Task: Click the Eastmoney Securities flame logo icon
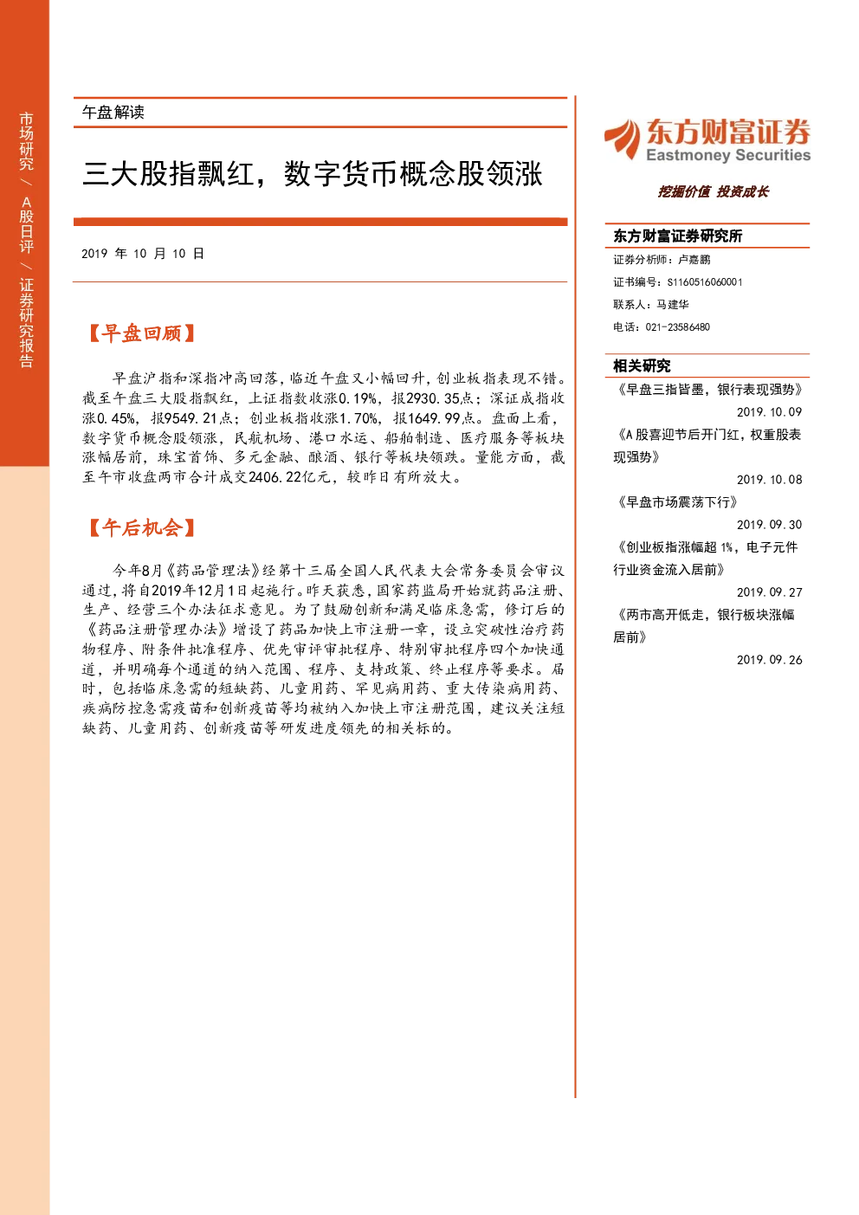[x=623, y=139]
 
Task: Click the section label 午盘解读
[x=113, y=113]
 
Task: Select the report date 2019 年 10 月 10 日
[x=143, y=254]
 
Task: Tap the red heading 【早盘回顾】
[x=141, y=333]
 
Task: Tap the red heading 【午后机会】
[x=141, y=527]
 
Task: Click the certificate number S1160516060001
[x=705, y=282]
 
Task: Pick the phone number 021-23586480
[x=677, y=327]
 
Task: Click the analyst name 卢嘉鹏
[x=694, y=260]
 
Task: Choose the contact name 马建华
[x=673, y=304]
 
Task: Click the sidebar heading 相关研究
[x=642, y=366]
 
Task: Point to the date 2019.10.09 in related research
[x=769, y=412]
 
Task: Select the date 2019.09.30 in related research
[x=769, y=525]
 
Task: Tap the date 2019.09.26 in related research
[x=769, y=660]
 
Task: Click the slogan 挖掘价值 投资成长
[x=714, y=191]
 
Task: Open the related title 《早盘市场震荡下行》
[x=675, y=502]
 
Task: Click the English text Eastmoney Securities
[x=728, y=155]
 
